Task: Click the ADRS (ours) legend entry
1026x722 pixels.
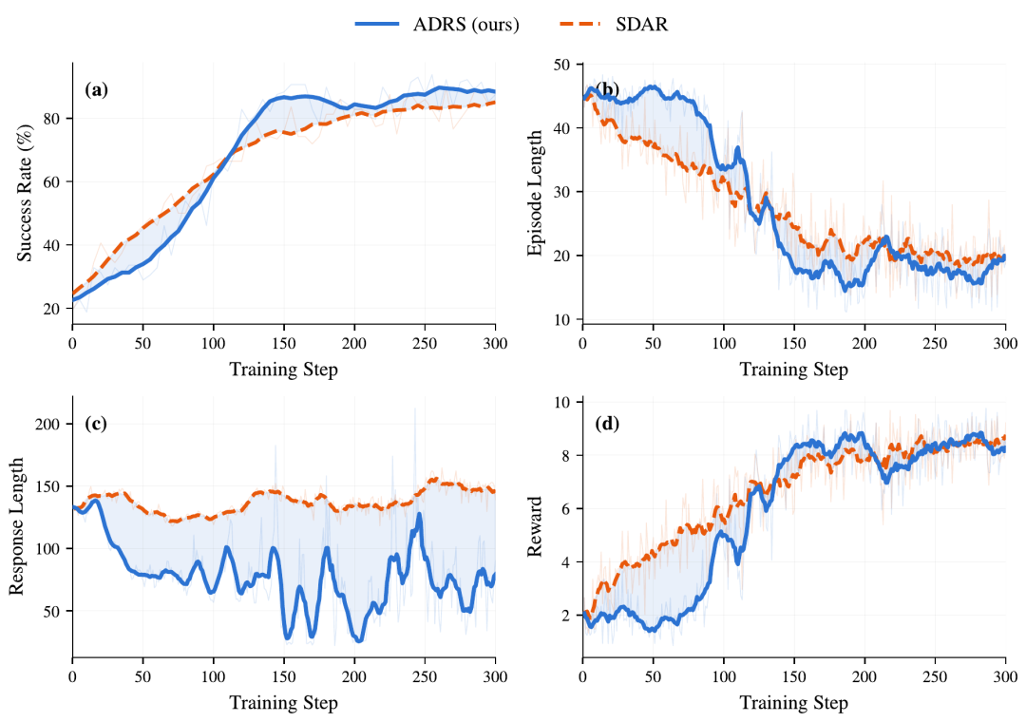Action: click(437, 24)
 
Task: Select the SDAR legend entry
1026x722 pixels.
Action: click(614, 24)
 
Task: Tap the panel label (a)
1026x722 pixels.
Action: click(96, 89)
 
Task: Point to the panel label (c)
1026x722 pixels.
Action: click(96, 424)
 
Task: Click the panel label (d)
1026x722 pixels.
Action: click(606, 424)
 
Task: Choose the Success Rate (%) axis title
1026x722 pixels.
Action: click(24, 193)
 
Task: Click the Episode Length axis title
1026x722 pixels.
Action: click(535, 193)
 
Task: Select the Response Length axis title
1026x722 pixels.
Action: click(16, 526)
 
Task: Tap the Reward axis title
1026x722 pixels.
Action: click(535, 526)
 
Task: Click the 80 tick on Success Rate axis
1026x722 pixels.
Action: click(52, 119)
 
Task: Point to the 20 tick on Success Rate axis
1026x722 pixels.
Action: click(52, 309)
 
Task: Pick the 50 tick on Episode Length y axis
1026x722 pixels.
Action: click(562, 65)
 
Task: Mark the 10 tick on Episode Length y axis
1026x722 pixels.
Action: click(562, 319)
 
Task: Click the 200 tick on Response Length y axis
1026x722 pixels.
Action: click(48, 424)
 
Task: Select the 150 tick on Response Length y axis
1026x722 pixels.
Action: click(48, 486)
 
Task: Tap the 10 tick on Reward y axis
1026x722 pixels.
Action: click(562, 402)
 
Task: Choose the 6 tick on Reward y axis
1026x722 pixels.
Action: click(566, 508)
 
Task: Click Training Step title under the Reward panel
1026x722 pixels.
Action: click(793, 703)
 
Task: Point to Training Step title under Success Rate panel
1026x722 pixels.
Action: click(283, 370)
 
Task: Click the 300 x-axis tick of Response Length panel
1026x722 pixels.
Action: click(495, 676)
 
